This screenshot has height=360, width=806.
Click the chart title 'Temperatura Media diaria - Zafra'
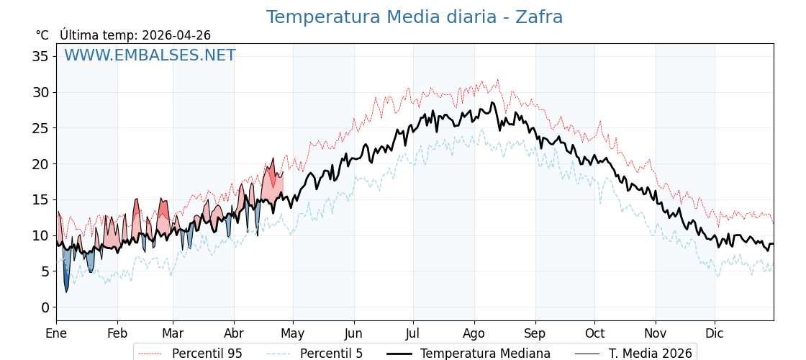[x=414, y=17]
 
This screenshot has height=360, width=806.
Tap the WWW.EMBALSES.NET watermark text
[x=150, y=55]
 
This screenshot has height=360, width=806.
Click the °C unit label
[x=42, y=35]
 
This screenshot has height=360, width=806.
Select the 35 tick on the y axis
[x=40, y=56]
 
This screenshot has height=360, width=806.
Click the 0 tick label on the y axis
[x=45, y=307]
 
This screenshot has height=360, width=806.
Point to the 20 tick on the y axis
[x=40, y=163]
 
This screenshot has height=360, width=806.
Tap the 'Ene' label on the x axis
[x=56, y=333]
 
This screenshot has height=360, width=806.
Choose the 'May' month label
[x=293, y=333]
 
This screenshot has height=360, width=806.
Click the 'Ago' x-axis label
[x=474, y=333]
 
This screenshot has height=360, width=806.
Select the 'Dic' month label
[x=715, y=333]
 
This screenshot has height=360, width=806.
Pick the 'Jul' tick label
[x=413, y=333]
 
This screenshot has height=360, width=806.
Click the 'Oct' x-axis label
[x=594, y=333]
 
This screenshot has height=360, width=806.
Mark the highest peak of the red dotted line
[x=497, y=80]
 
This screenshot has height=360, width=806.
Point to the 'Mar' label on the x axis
[x=173, y=333]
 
